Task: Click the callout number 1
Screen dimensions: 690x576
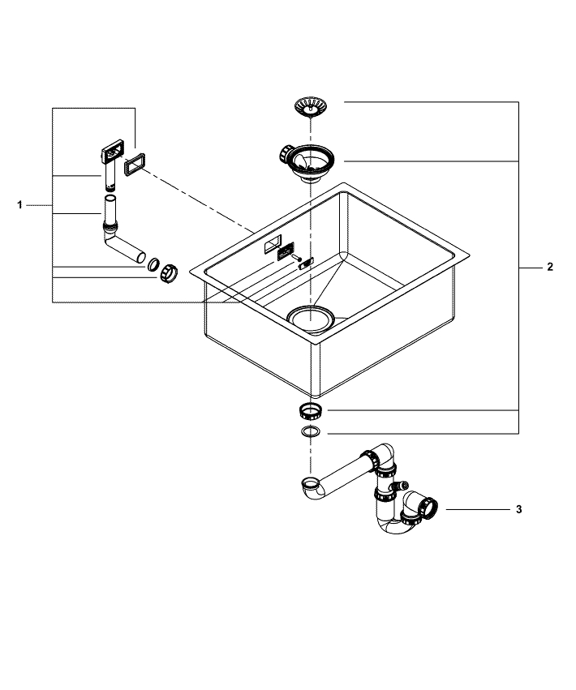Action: tap(20, 206)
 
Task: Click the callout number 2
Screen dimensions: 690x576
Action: tap(549, 267)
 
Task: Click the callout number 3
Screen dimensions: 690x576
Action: tap(518, 510)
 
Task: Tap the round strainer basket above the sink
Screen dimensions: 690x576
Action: tap(310, 105)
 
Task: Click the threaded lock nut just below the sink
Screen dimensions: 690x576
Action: tap(310, 407)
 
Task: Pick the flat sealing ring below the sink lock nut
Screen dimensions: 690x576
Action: tap(310, 432)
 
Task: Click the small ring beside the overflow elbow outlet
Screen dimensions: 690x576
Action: tap(152, 264)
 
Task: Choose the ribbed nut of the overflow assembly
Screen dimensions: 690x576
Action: tap(167, 273)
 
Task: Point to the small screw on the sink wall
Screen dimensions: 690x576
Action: tap(304, 261)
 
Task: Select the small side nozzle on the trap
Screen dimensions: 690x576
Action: tap(398, 485)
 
